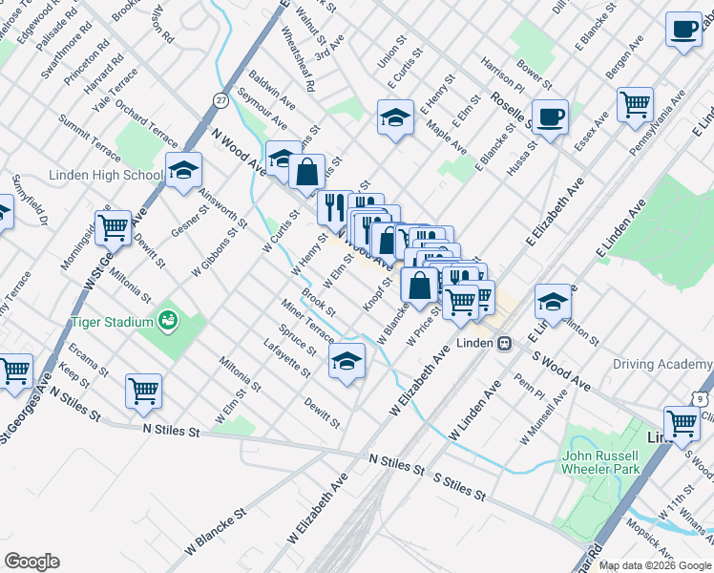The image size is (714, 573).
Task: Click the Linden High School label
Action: tap(106, 176)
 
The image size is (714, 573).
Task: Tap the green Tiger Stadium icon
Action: tap(169, 319)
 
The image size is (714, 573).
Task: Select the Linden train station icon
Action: tap(503, 343)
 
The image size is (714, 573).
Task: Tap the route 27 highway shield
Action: tap(221, 99)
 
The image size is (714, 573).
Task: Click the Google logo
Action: tap(31, 562)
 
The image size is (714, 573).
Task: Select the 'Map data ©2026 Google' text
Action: tap(655, 565)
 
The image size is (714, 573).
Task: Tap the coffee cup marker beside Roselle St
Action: tap(551, 118)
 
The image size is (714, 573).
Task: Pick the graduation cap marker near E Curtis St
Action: tap(395, 117)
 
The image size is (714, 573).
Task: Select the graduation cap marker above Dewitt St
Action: tap(347, 362)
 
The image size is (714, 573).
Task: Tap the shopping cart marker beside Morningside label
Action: tap(114, 226)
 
